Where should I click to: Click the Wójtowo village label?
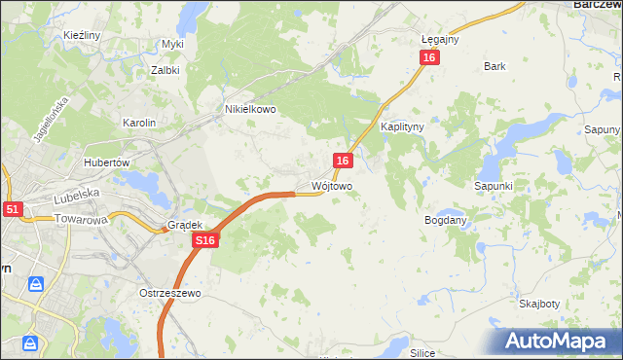point(331,185)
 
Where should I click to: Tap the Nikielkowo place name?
point(251,110)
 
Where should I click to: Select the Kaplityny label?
point(400,127)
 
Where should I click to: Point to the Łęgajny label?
point(440,40)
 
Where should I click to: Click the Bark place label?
point(495,66)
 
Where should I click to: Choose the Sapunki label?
point(494,185)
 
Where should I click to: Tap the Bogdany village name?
point(446,220)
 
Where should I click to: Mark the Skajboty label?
point(539,304)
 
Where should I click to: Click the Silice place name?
point(421,353)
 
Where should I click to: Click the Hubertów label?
point(107,162)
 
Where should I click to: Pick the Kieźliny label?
point(82,35)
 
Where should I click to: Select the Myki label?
point(172,44)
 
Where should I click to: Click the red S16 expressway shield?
point(203,240)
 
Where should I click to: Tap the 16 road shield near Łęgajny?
point(430,58)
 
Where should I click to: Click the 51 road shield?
point(12,208)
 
